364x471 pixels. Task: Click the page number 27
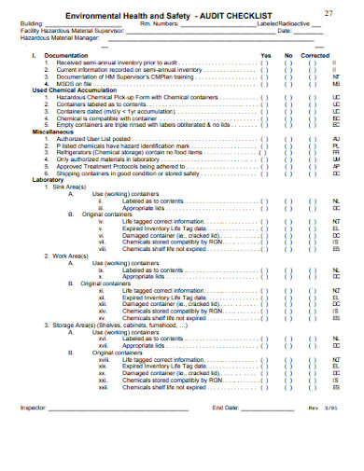[328, 12]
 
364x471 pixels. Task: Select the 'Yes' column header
[266, 55]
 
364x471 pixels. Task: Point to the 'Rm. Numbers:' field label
[158, 25]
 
